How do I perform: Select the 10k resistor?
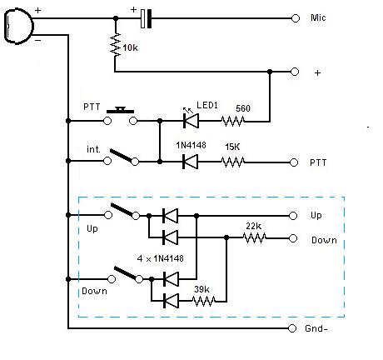(x=116, y=44)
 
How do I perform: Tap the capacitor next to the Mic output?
(x=146, y=18)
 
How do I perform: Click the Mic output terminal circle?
(x=296, y=18)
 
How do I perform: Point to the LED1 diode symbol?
(x=191, y=121)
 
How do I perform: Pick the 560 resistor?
(x=233, y=121)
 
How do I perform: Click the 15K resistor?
(x=233, y=162)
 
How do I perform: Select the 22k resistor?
(x=255, y=237)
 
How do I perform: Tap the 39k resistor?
(x=204, y=301)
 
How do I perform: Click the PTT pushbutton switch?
(x=120, y=117)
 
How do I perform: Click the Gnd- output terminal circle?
(x=292, y=328)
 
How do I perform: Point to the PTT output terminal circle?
(x=294, y=162)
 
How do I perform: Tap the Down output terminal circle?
(x=293, y=238)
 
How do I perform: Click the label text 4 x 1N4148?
(x=161, y=258)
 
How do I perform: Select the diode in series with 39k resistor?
(x=171, y=301)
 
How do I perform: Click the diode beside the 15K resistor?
(x=191, y=162)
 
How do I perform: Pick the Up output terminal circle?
(x=293, y=216)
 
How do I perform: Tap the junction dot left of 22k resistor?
(x=226, y=237)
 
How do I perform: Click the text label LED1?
(x=207, y=105)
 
